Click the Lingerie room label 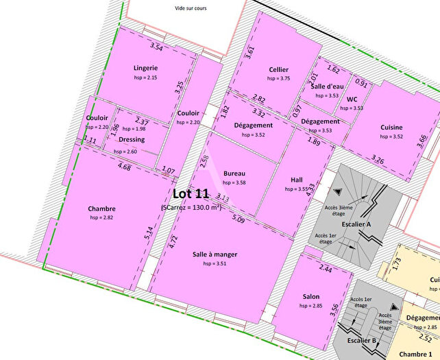coord(146,68)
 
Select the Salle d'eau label coord(327,86)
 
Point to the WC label coord(352,99)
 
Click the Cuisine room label coord(391,127)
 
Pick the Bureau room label coord(234,173)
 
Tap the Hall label coord(297,179)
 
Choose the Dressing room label coord(132,139)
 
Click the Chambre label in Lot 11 coord(101,208)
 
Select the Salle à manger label coord(215,254)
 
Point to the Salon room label coord(311,296)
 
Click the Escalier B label coord(362,340)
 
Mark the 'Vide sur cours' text coord(191,8)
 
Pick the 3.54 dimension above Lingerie coord(156,47)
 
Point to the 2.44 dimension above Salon coord(326,270)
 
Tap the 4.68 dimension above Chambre coord(124,167)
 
